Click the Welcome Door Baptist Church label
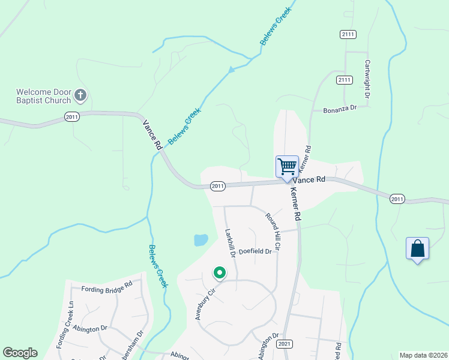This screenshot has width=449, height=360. [43, 96]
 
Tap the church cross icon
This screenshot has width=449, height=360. [80, 95]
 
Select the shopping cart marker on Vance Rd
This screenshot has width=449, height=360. [287, 167]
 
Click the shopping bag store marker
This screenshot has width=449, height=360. [417, 249]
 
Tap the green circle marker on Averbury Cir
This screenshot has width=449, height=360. [220, 274]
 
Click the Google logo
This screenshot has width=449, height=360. [20, 353]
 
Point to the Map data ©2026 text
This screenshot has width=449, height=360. [424, 355]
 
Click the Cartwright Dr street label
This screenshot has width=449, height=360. [367, 79]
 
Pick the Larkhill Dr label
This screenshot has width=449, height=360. [230, 242]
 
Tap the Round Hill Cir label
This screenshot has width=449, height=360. [273, 230]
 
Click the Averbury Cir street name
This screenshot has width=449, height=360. [204, 304]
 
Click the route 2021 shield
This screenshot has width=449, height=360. [285, 344]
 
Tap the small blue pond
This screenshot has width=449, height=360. [200, 240]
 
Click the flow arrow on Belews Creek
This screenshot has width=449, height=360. [231, 70]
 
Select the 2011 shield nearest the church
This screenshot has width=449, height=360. [72, 116]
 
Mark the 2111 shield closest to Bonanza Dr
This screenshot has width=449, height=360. [344, 80]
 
